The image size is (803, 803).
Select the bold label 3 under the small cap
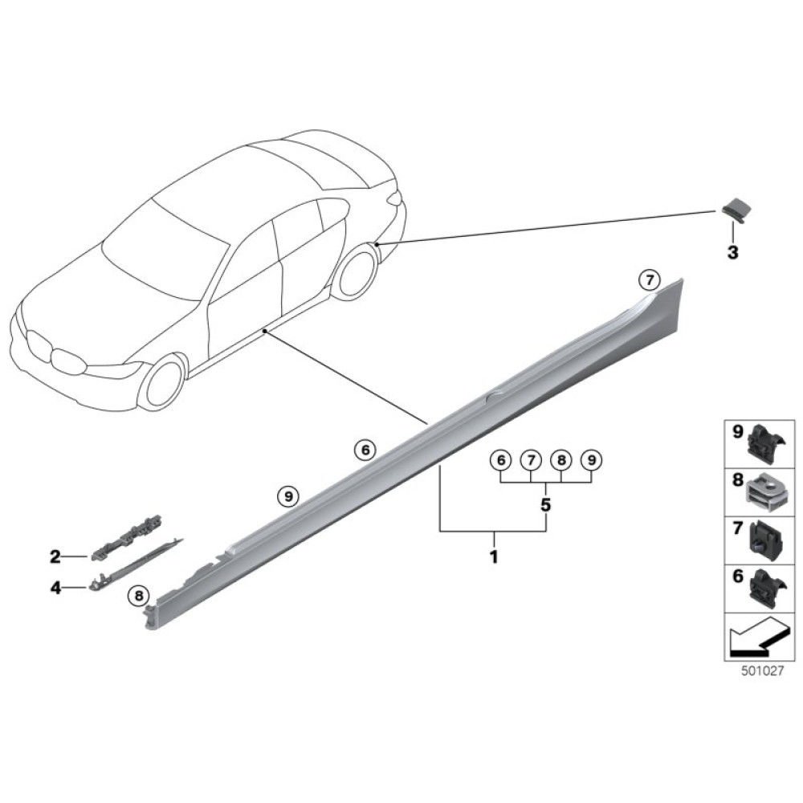point(732,253)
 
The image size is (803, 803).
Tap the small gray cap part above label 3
point(734,211)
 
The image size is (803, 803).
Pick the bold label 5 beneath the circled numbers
point(546,506)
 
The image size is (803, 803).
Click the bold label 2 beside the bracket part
point(55,556)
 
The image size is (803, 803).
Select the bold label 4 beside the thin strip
point(55,588)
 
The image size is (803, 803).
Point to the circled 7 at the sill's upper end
point(648,280)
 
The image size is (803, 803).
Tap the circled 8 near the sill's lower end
point(138,596)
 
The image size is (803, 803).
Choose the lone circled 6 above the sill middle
point(365,450)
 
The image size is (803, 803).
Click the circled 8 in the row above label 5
point(561,461)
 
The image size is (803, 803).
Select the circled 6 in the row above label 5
point(500,461)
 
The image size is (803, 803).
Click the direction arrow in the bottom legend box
point(753,638)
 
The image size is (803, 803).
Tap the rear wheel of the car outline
point(356,271)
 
